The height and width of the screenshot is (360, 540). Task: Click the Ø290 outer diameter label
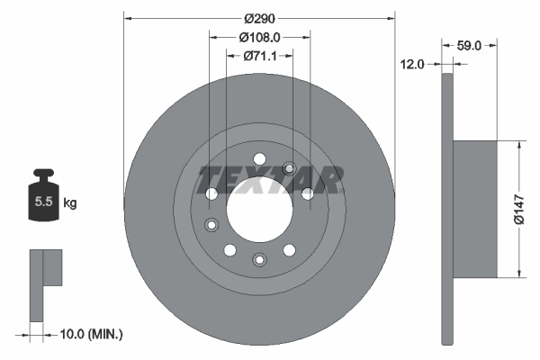tap(259, 17)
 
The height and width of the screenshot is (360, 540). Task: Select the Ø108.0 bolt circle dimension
tap(260, 37)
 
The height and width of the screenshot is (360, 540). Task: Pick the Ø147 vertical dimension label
tap(518, 209)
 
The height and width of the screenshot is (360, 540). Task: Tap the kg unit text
tap(69, 203)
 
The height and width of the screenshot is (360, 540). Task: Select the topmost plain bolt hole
tap(259, 159)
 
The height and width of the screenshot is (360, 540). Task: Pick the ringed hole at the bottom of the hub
tap(259, 260)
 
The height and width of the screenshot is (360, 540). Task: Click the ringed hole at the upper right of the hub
tap(290, 168)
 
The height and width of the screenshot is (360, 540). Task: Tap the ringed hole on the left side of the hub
tap(211, 224)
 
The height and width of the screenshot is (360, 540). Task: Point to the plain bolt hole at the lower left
tap(229, 249)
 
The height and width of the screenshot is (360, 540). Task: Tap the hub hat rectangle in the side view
tap(475, 209)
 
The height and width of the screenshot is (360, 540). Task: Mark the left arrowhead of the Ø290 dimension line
tap(127, 17)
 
